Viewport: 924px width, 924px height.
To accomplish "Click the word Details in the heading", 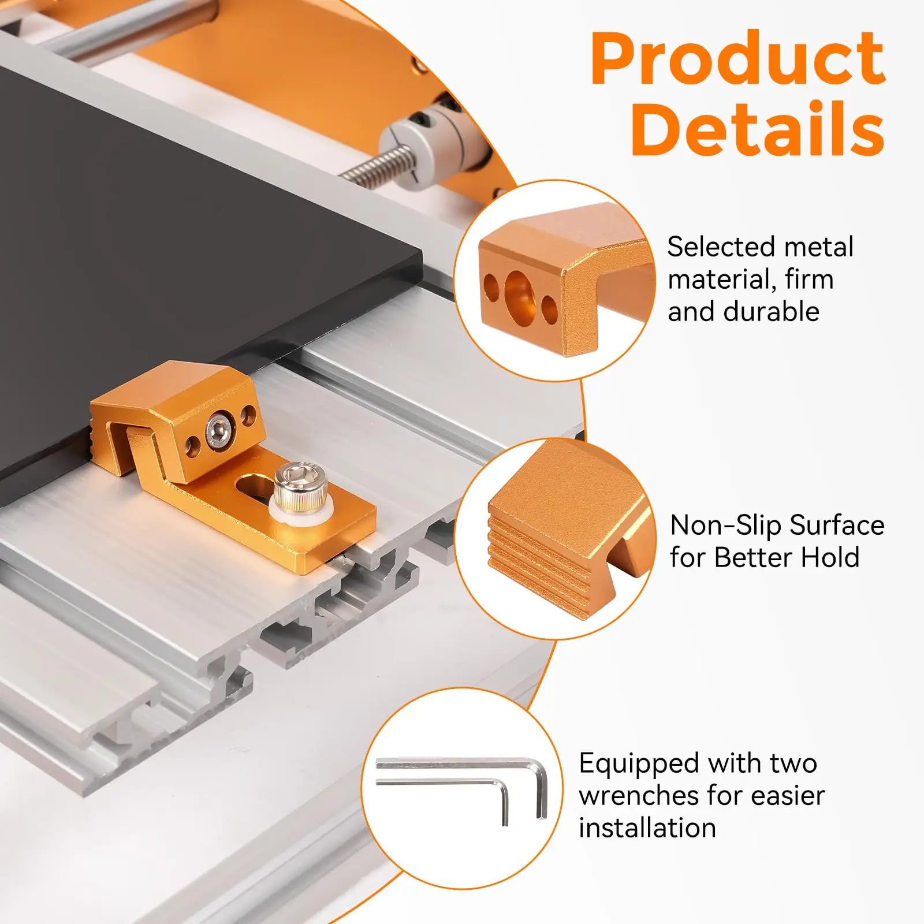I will click(x=758, y=129).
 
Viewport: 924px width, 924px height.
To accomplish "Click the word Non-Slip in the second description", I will click(x=725, y=526).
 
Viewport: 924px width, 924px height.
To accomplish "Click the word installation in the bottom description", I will click(x=647, y=828).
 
